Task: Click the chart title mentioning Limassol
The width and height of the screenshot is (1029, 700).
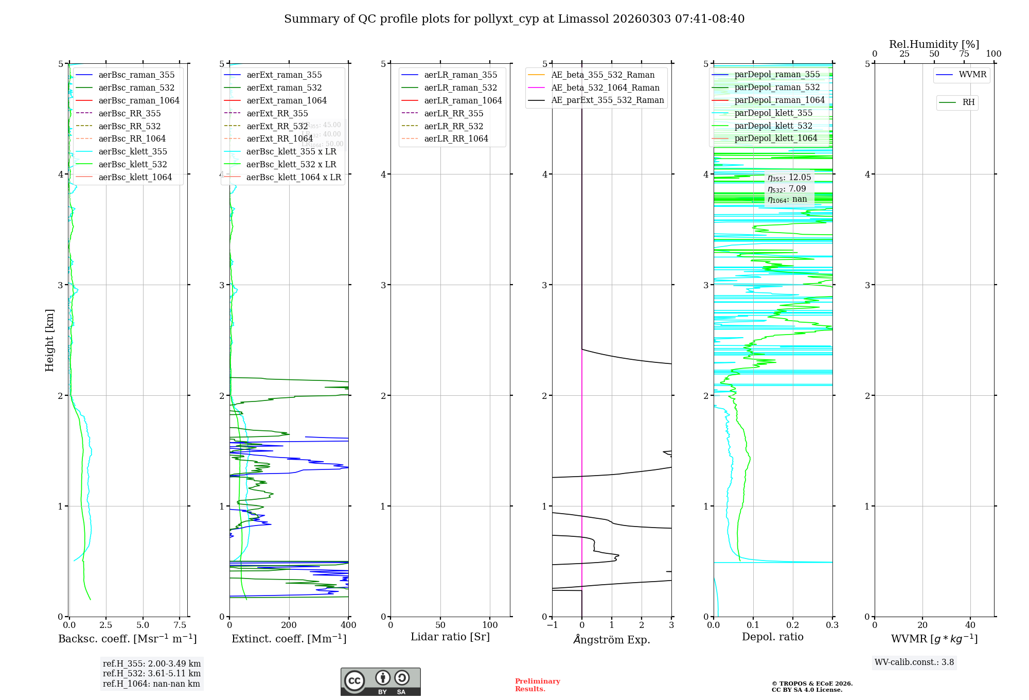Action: pyautogui.click(x=514, y=19)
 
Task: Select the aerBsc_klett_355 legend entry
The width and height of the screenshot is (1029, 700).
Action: pyautogui.click(x=132, y=151)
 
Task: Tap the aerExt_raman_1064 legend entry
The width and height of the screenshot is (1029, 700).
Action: pyautogui.click(x=286, y=100)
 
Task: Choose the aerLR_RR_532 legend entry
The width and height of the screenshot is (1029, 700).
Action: pyautogui.click(x=453, y=126)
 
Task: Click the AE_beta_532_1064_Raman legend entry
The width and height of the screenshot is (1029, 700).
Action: pyautogui.click(x=605, y=87)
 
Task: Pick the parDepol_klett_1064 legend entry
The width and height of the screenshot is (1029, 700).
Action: pyautogui.click(x=775, y=138)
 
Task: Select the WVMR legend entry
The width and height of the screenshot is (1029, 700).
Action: pyautogui.click(x=972, y=75)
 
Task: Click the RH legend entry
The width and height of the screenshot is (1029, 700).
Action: pyautogui.click(x=968, y=102)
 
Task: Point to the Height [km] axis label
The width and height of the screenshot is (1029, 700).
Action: pyautogui.click(x=49, y=340)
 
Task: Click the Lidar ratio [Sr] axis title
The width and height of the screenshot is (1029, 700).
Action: pyautogui.click(x=450, y=637)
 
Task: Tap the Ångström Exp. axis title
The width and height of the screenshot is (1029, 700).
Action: pyautogui.click(x=612, y=639)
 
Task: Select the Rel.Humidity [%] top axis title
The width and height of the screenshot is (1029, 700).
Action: pyautogui.click(x=934, y=44)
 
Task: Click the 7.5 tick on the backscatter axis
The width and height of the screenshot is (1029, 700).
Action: pyautogui.click(x=180, y=625)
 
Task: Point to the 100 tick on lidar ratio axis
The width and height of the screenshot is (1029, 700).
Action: pyautogui.click(x=490, y=625)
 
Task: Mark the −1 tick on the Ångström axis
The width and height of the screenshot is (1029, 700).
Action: pyautogui.click(x=552, y=625)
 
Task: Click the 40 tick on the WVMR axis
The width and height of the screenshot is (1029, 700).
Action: pyautogui.click(x=970, y=625)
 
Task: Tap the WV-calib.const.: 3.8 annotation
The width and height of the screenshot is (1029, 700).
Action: pyautogui.click(x=914, y=662)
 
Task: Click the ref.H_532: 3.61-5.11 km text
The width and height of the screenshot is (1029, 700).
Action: pyautogui.click(x=152, y=673)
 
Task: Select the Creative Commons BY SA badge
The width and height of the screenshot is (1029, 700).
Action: pyautogui.click(x=380, y=681)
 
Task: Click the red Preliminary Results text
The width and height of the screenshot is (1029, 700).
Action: pyautogui.click(x=537, y=685)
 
